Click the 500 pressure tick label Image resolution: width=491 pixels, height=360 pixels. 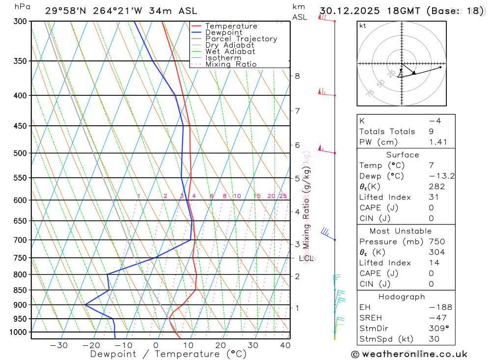tap(21, 153)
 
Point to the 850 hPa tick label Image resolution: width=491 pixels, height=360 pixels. tap(21, 290)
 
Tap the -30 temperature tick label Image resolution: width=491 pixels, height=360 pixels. tap(58, 345)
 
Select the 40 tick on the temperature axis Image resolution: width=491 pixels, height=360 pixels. tap(285, 345)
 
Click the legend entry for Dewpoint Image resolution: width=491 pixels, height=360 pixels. tap(223, 32)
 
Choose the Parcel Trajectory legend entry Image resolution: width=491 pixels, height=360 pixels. tap(241, 39)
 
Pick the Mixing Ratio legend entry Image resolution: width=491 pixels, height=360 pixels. tap(231, 64)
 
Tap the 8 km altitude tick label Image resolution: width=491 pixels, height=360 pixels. tap(297, 76)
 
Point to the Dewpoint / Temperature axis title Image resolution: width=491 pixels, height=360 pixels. tap(168, 354)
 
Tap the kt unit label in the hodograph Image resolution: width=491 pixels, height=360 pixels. tap(363, 26)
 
